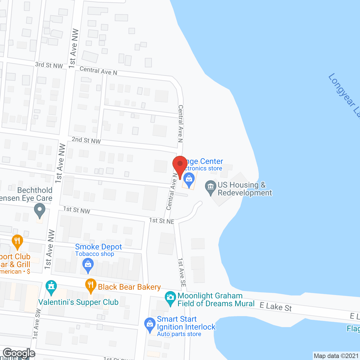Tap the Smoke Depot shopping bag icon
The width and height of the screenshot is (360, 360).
(x=88, y=265)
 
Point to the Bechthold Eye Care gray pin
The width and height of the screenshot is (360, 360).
(x=40, y=210)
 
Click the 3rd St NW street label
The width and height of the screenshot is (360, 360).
(x=49, y=65)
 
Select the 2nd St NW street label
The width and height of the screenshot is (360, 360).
(x=86, y=140)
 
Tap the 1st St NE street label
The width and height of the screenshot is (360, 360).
(x=161, y=221)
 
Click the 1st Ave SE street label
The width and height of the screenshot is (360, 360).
(x=182, y=272)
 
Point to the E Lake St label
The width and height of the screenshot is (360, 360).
(x=276, y=307)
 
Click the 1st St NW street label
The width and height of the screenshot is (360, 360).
(x=76, y=210)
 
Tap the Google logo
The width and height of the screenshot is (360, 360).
(x=19, y=353)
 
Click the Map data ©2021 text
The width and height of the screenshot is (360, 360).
(x=336, y=356)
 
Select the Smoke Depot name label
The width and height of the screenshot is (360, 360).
(x=98, y=247)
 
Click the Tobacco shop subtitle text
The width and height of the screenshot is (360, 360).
(x=94, y=254)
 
